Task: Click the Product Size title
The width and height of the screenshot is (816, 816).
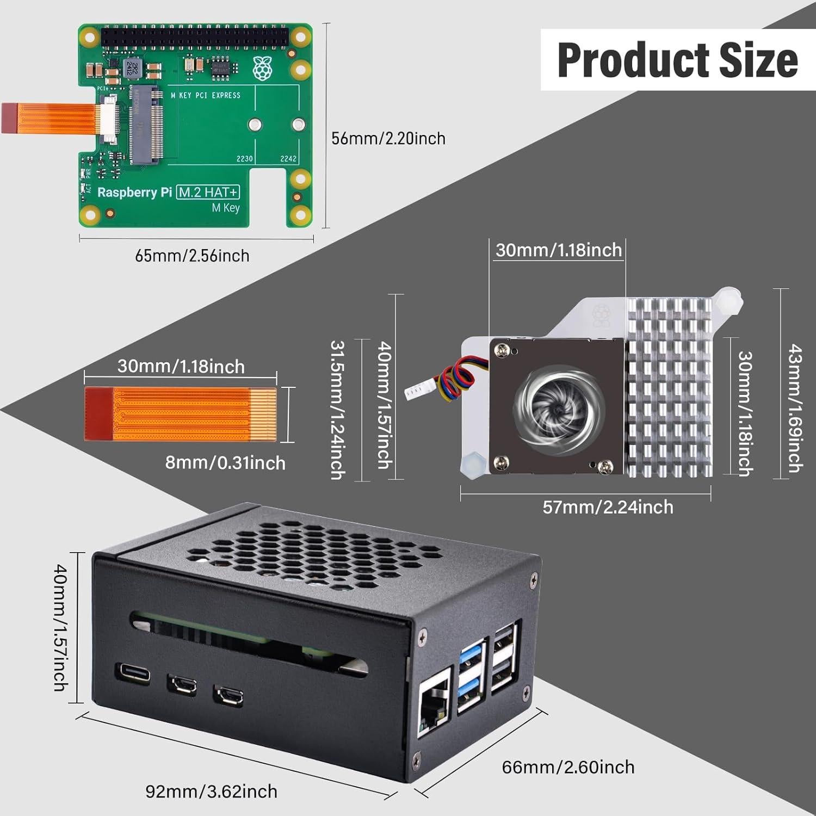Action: coord(677,60)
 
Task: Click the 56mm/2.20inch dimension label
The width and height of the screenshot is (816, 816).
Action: coord(388,139)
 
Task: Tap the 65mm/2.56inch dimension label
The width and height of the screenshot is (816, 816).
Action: coord(192,256)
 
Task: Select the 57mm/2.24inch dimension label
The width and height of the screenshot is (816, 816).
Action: coord(608,507)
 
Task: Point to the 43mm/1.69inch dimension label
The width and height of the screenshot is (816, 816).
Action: coord(795,408)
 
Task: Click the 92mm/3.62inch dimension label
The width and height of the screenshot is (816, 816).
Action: coord(211,791)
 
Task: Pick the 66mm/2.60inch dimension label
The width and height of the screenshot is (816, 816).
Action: coord(568,767)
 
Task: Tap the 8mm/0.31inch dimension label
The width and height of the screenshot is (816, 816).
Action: coord(225,463)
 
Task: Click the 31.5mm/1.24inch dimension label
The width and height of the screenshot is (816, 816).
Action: coord(338,410)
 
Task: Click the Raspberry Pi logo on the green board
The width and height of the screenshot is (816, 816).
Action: coord(262,67)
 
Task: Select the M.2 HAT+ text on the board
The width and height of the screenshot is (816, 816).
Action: coord(208,192)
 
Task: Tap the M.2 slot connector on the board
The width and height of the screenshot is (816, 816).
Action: coord(146,125)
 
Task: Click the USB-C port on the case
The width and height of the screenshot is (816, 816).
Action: coord(133,672)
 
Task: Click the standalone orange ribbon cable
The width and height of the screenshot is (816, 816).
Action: coord(181,414)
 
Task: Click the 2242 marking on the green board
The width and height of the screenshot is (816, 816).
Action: coord(288,159)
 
